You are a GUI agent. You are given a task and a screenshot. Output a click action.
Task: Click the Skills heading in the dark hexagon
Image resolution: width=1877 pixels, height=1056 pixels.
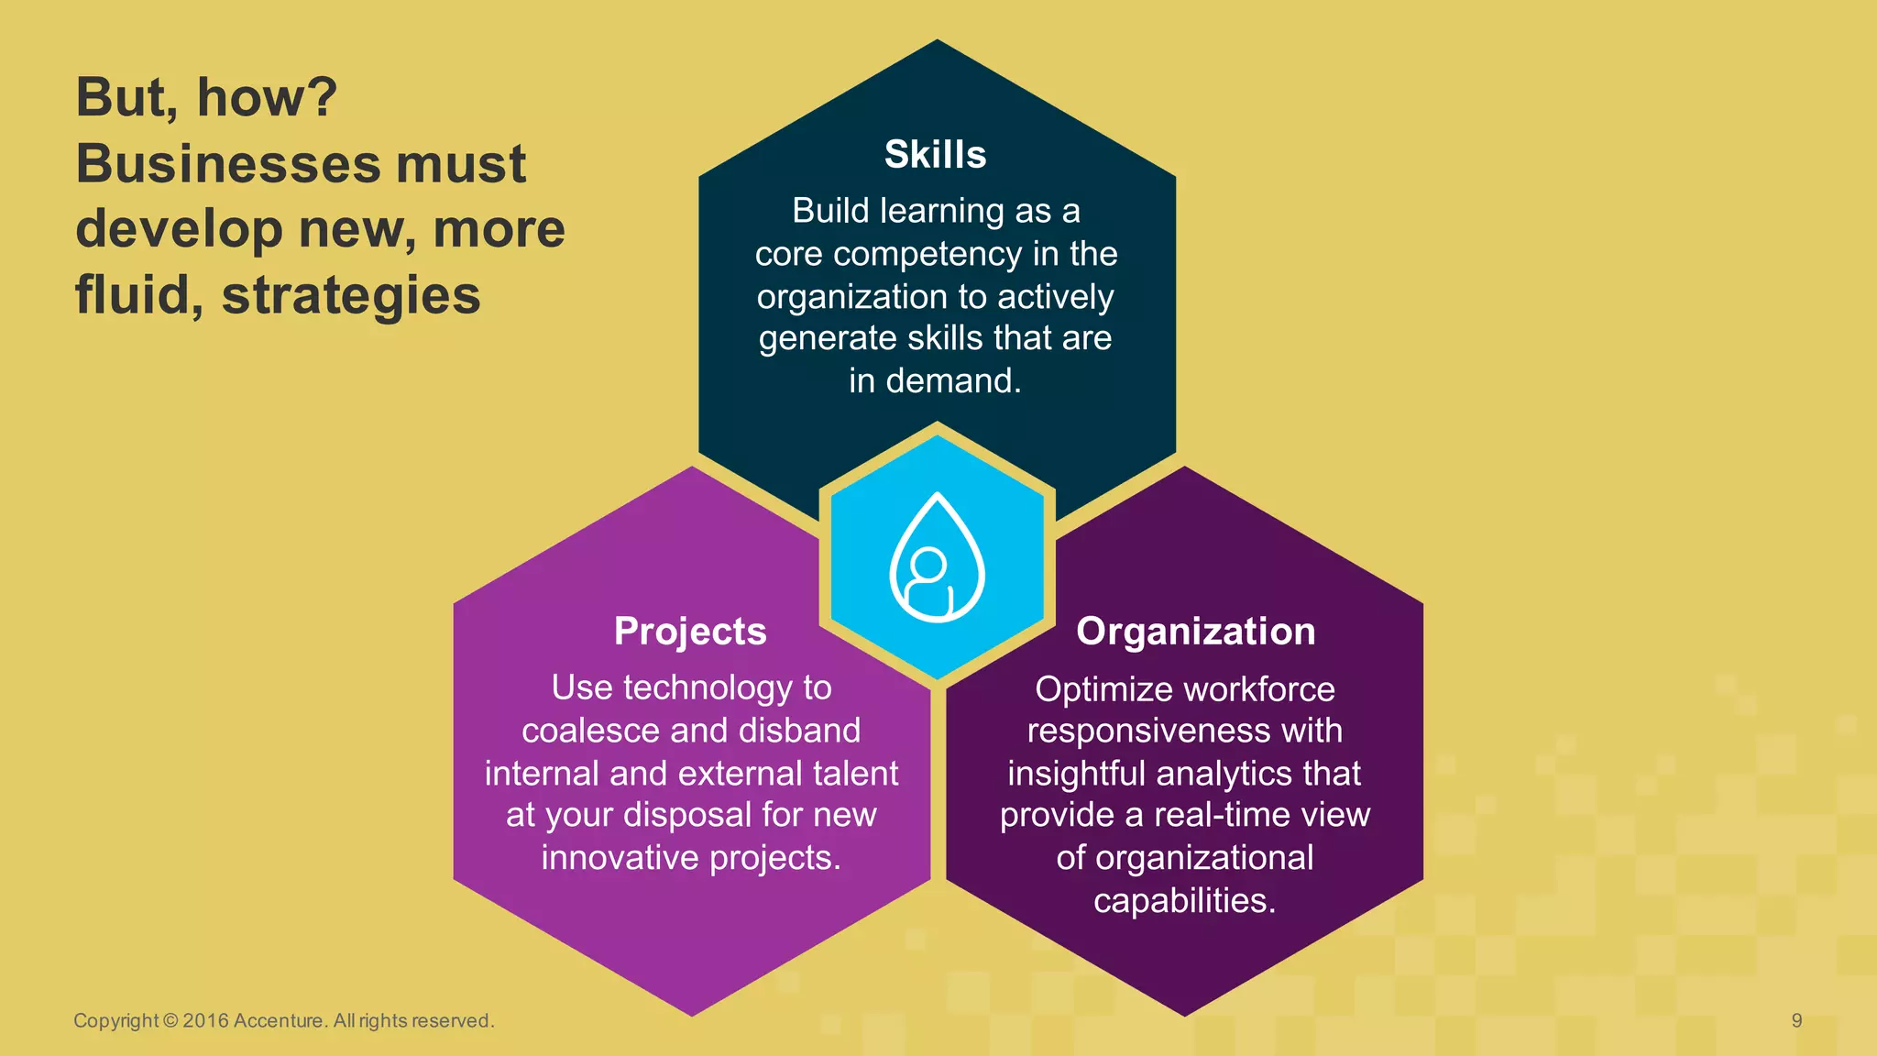tap(935, 154)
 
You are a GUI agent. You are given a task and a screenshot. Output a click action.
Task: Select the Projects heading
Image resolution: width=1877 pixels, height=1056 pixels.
tap(690, 632)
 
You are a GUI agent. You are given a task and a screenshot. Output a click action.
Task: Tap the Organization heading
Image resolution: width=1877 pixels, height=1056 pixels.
tap(1195, 632)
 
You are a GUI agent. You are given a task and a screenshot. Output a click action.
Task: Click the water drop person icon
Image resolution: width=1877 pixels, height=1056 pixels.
tap(937, 559)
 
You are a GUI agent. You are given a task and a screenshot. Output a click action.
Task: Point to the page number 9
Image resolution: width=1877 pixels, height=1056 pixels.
tap(1796, 1020)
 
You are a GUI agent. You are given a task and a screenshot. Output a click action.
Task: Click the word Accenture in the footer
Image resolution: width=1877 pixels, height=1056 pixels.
tap(278, 1020)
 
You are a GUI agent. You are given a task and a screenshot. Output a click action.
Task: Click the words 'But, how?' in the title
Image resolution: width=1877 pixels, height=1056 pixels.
tap(206, 97)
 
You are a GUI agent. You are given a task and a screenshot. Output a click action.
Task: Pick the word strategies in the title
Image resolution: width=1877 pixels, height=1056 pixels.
tap(351, 295)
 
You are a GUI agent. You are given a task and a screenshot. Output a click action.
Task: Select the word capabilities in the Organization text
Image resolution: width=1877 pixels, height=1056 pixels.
tap(1184, 900)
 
